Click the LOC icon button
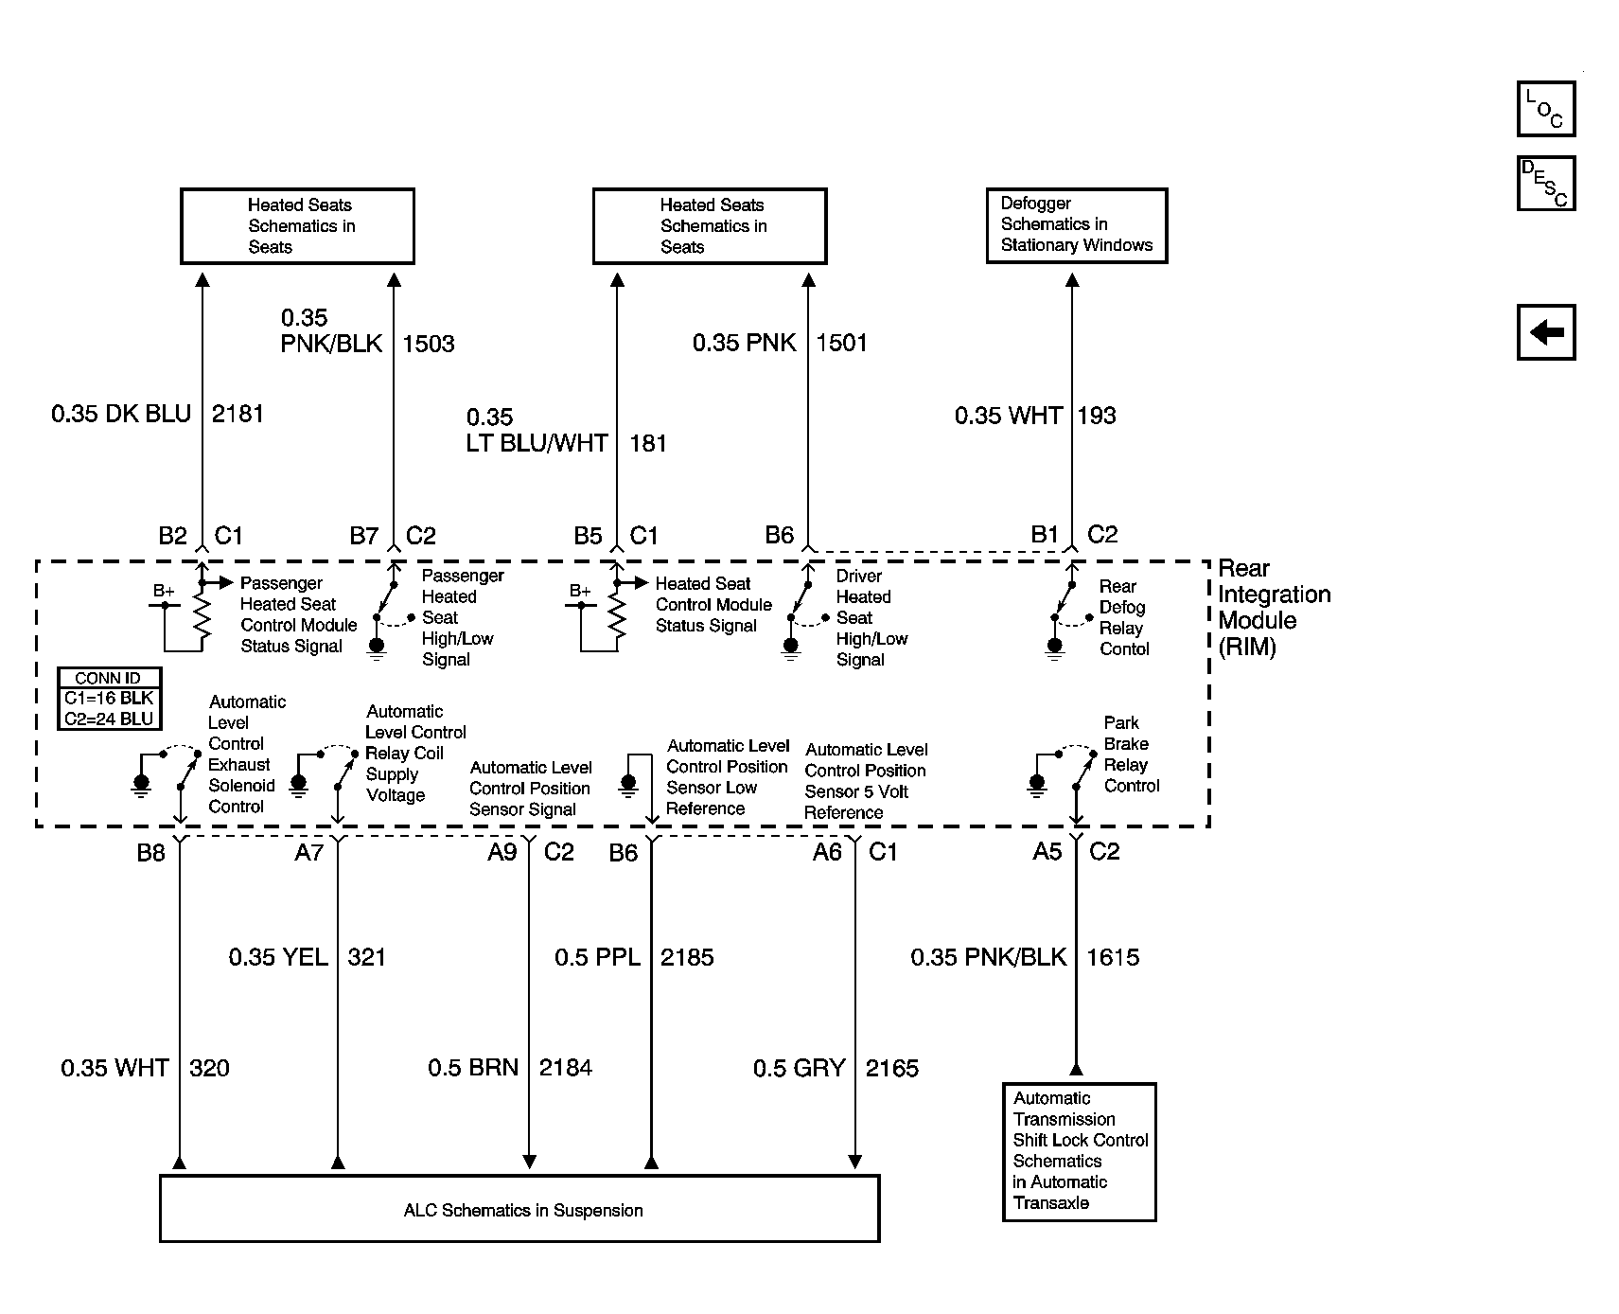1546,109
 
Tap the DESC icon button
1546,183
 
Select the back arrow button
1546,332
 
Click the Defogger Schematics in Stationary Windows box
1077,225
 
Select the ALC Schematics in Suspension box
519,1209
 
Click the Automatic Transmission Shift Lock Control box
1080,1151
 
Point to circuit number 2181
238,414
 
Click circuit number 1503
429,344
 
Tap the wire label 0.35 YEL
278,957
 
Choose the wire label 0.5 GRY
799,1068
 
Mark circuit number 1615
1113,957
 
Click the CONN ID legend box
109,699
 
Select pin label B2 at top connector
173,536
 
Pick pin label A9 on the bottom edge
502,852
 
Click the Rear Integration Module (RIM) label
1274,608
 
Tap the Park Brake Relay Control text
1131,755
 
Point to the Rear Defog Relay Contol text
1124,617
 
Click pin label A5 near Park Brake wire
1047,852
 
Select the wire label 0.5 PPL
597,957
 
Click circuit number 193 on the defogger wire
1097,416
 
